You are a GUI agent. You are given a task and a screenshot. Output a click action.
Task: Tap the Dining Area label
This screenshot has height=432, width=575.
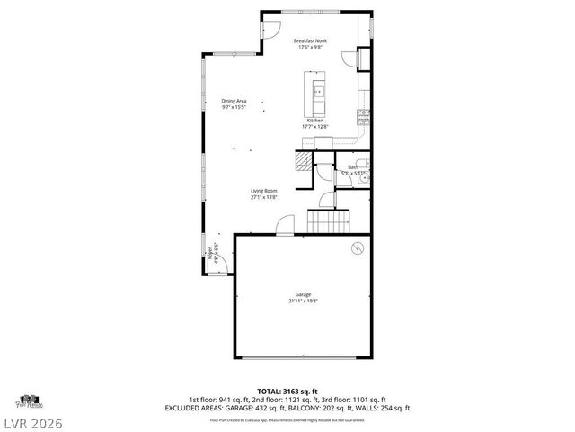(x=235, y=101)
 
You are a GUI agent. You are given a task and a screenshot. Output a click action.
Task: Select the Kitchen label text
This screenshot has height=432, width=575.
(x=315, y=120)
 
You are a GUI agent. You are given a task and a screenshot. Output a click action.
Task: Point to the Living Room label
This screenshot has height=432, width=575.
(x=264, y=190)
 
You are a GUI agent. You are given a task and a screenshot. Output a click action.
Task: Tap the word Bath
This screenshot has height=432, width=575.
(x=353, y=166)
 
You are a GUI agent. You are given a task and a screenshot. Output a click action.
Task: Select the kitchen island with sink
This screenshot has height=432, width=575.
(x=317, y=91)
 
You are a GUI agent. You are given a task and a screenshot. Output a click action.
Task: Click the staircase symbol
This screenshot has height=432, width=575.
(x=328, y=220)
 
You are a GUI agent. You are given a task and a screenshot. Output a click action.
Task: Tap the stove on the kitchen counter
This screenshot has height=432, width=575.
(x=363, y=114)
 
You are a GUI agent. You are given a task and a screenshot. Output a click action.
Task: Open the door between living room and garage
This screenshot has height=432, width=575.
(x=284, y=226)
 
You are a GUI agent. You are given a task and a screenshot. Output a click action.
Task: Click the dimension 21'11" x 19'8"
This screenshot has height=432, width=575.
(x=305, y=301)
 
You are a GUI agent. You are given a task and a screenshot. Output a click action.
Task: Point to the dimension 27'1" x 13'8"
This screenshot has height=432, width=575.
(x=264, y=196)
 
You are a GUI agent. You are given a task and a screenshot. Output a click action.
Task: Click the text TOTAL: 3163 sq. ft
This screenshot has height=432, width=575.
(x=287, y=391)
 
